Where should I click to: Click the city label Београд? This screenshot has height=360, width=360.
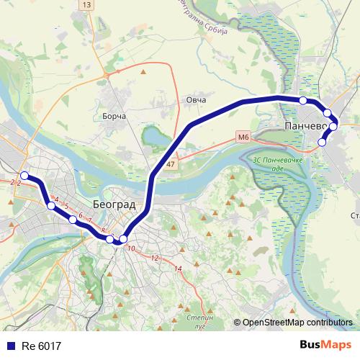114,204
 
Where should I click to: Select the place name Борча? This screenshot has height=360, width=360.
114,116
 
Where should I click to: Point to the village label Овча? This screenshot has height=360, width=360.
196,99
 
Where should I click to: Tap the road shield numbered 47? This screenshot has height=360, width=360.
170,165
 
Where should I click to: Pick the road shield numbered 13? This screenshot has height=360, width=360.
87,5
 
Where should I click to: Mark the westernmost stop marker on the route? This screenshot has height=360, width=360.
24,176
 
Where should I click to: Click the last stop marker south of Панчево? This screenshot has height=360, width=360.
322,143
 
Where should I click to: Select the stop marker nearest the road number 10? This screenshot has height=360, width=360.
124,239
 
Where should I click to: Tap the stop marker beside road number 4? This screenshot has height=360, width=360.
50,206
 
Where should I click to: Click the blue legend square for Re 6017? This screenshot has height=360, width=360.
9,346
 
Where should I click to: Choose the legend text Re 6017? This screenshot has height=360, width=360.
42,346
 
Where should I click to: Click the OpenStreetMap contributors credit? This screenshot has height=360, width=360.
297,322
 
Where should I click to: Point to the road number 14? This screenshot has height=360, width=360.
179,269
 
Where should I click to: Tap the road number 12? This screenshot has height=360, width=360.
154,257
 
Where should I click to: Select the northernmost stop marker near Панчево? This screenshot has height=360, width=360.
303,100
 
